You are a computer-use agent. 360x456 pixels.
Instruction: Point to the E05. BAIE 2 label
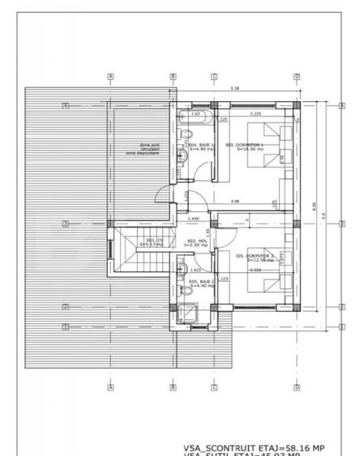200,283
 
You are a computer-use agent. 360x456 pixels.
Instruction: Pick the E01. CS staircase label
153,242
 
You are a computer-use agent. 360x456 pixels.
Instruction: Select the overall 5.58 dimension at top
234,88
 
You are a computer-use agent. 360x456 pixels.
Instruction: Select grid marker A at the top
109,77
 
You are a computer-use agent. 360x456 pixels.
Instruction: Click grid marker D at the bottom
297,387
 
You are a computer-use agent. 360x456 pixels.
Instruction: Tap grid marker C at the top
214,77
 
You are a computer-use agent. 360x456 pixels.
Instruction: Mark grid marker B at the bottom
173,387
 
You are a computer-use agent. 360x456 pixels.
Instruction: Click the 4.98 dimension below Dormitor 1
235,201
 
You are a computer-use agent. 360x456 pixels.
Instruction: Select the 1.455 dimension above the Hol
194,219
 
